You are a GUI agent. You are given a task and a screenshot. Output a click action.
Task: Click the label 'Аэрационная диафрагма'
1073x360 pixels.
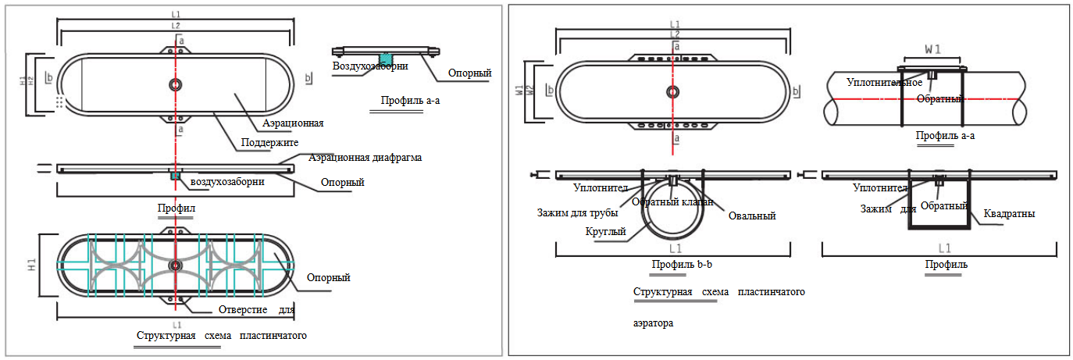365,158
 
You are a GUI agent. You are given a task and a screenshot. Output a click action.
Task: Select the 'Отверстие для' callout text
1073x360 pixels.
262,310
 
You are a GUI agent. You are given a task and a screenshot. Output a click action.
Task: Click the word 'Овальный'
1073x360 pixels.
751,216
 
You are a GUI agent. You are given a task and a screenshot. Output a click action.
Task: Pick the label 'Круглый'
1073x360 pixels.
605,231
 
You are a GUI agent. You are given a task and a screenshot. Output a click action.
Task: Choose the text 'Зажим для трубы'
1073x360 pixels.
577,212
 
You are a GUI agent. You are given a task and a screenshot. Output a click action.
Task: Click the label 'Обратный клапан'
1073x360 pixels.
672,202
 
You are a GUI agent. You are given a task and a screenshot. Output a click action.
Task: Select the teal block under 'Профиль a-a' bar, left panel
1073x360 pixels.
385,58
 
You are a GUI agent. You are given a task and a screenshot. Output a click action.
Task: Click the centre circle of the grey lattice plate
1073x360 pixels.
176,265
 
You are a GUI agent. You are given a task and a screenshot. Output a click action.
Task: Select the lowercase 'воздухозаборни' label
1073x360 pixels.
226,181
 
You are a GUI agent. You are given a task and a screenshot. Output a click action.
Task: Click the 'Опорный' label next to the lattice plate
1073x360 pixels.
328,277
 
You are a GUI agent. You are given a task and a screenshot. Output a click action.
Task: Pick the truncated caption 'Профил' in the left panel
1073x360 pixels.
176,209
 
